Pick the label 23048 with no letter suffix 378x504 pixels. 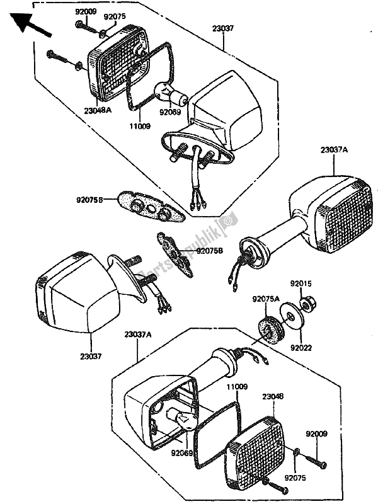point(273,398)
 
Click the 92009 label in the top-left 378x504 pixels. point(86,11)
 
